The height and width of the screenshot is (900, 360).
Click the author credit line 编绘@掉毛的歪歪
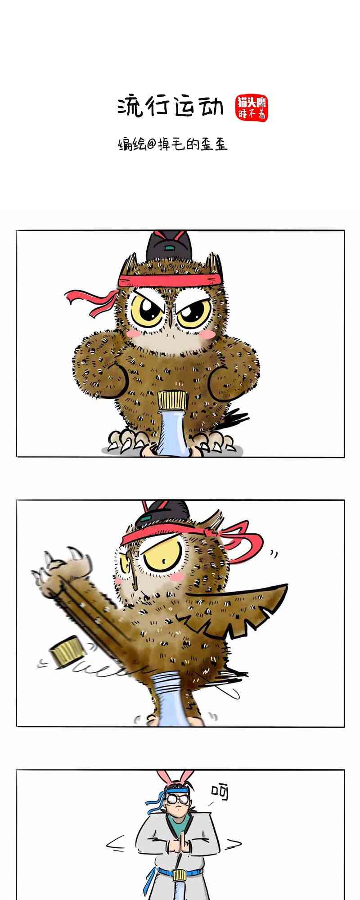coord(173,144)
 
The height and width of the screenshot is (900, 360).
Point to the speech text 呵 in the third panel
coord(220,792)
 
